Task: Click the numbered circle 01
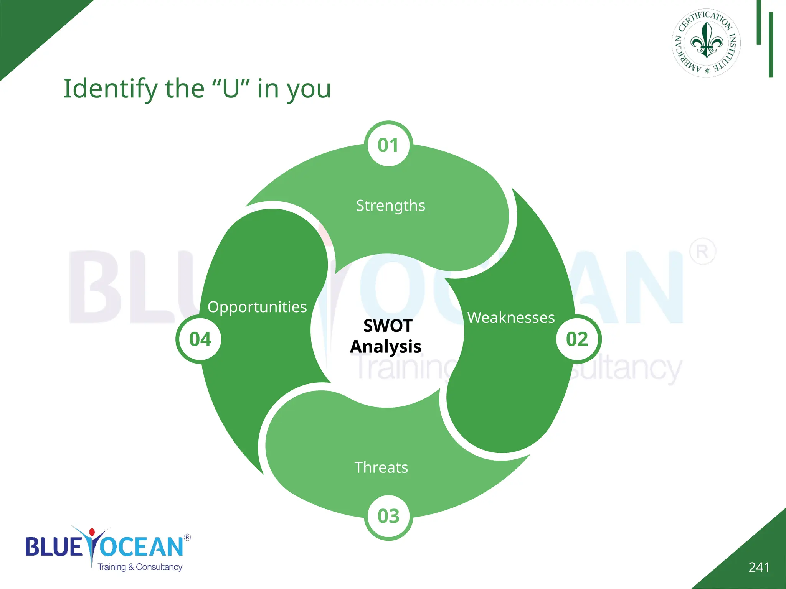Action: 388,145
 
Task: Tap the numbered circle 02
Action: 577,339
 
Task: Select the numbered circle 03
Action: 388,516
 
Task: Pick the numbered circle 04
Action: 200,339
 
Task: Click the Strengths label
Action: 390,206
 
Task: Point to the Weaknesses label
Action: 511,318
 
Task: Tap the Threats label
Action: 381,467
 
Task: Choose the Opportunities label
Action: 257,307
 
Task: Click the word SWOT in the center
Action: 388,326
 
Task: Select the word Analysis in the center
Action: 386,347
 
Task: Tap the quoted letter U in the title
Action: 231,89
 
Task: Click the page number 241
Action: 759,567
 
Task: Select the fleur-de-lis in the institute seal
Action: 707,41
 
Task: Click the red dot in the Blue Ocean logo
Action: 92,532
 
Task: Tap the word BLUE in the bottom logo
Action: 53,546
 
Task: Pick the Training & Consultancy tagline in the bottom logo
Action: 140,567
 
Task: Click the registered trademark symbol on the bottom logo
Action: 187,537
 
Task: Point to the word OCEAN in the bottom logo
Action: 141,546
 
